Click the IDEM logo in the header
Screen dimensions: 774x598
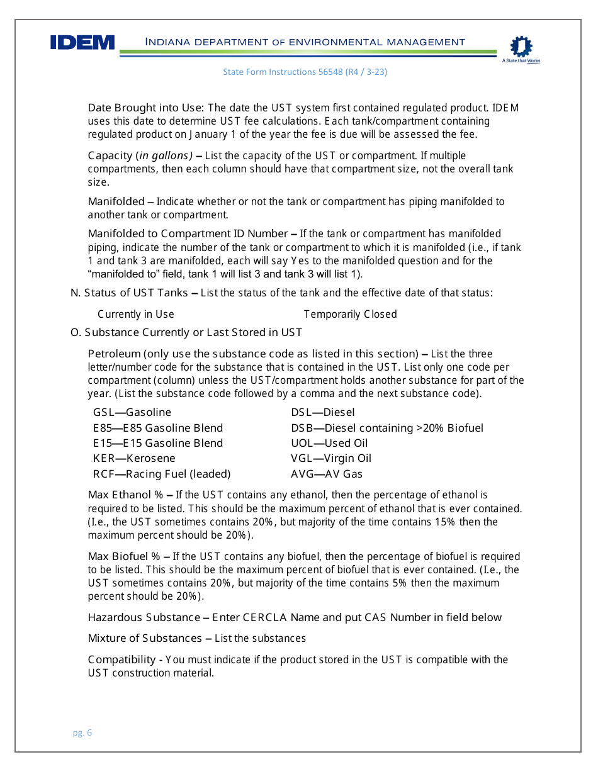(82, 42)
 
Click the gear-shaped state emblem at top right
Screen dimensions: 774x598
(521, 47)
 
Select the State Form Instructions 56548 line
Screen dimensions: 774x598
(305, 72)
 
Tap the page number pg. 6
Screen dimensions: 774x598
(82, 732)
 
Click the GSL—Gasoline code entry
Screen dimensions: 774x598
(132, 412)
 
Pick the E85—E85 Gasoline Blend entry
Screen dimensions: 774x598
(158, 428)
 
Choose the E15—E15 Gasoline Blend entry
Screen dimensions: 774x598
(158, 443)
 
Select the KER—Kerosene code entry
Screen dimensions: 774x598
(134, 458)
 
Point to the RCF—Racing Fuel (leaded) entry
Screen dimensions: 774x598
(162, 474)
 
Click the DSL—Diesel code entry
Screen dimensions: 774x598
(322, 412)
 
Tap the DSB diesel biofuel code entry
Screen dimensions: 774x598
(387, 428)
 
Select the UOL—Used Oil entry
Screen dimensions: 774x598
(329, 443)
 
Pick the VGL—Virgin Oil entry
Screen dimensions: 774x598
(331, 458)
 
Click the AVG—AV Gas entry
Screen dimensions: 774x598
(327, 474)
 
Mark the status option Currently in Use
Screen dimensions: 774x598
(136, 314)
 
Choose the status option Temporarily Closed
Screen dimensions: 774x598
(350, 314)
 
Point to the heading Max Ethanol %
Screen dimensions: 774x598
(125, 495)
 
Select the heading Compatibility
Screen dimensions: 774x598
(121, 659)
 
